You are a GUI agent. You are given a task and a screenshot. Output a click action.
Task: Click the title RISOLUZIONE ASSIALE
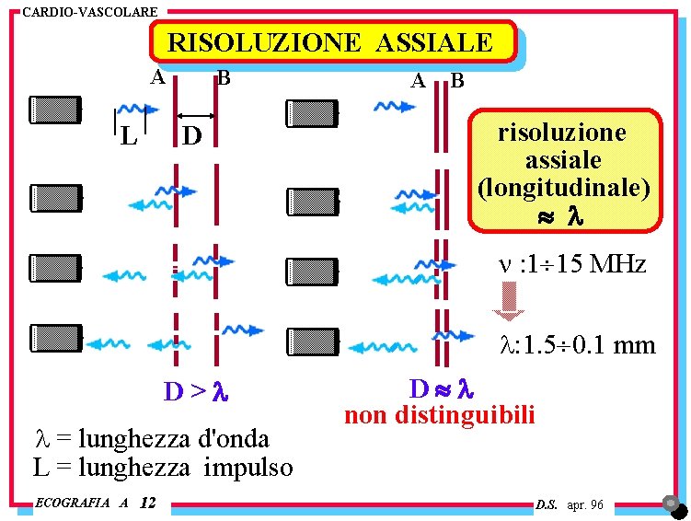tap(330, 41)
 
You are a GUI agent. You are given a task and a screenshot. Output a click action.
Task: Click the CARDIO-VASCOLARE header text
tap(89, 12)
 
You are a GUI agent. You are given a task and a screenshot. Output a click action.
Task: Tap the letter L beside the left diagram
tap(129, 136)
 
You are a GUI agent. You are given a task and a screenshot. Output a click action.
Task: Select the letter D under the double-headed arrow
tap(191, 136)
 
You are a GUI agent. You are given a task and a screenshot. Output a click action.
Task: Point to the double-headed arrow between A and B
tap(195, 116)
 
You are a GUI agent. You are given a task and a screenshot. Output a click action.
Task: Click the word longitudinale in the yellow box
tap(564, 188)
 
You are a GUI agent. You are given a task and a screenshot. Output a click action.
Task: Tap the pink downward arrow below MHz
tap(509, 300)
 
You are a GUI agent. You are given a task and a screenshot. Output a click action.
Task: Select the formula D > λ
tap(195, 392)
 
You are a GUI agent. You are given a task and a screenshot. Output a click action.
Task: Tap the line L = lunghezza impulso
tap(163, 467)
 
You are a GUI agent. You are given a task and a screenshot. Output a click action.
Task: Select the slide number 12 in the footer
tap(149, 503)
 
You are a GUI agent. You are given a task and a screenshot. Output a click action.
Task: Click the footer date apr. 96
tap(585, 504)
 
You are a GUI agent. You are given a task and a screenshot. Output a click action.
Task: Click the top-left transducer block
tap(55, 110)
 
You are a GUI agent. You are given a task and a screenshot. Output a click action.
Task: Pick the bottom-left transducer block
tap(55, 338)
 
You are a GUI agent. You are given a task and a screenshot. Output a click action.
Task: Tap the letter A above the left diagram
tap(158, 77)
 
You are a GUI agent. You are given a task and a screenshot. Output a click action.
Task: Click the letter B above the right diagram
tap(457, 81)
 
